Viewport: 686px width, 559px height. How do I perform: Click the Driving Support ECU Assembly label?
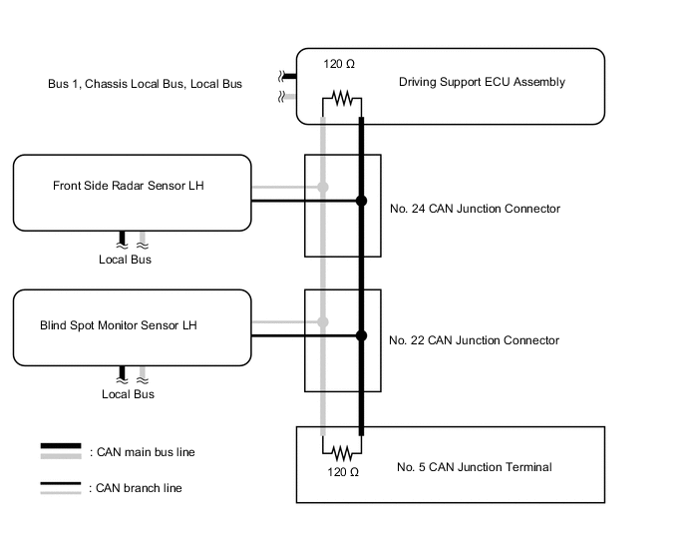[482, 82]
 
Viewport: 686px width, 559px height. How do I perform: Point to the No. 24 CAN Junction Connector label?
[474, 209]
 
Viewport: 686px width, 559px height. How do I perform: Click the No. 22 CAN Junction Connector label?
[474, 340]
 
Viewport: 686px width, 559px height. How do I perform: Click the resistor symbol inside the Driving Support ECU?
[342, 99]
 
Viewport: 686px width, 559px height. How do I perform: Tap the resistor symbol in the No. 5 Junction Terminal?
[342, 450]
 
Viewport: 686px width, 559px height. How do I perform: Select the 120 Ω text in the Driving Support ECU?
[339, 64]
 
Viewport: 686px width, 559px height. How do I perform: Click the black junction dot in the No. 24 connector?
[361, 201]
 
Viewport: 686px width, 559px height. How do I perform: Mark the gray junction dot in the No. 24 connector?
[322, 187]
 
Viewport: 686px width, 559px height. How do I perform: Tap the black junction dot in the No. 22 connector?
[361, 335]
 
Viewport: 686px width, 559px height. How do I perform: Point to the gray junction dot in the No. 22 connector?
[322, 321]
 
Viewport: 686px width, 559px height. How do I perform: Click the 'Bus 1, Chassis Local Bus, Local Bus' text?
[145, 84]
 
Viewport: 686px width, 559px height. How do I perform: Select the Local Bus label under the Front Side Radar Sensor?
[126, 260]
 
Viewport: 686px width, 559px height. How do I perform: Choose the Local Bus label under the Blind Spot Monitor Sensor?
[129, 394]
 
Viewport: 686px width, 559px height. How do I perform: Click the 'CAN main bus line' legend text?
[142, 452]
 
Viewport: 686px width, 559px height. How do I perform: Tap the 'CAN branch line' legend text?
[136, 488]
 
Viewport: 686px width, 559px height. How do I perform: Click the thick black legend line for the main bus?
[60, 447]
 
